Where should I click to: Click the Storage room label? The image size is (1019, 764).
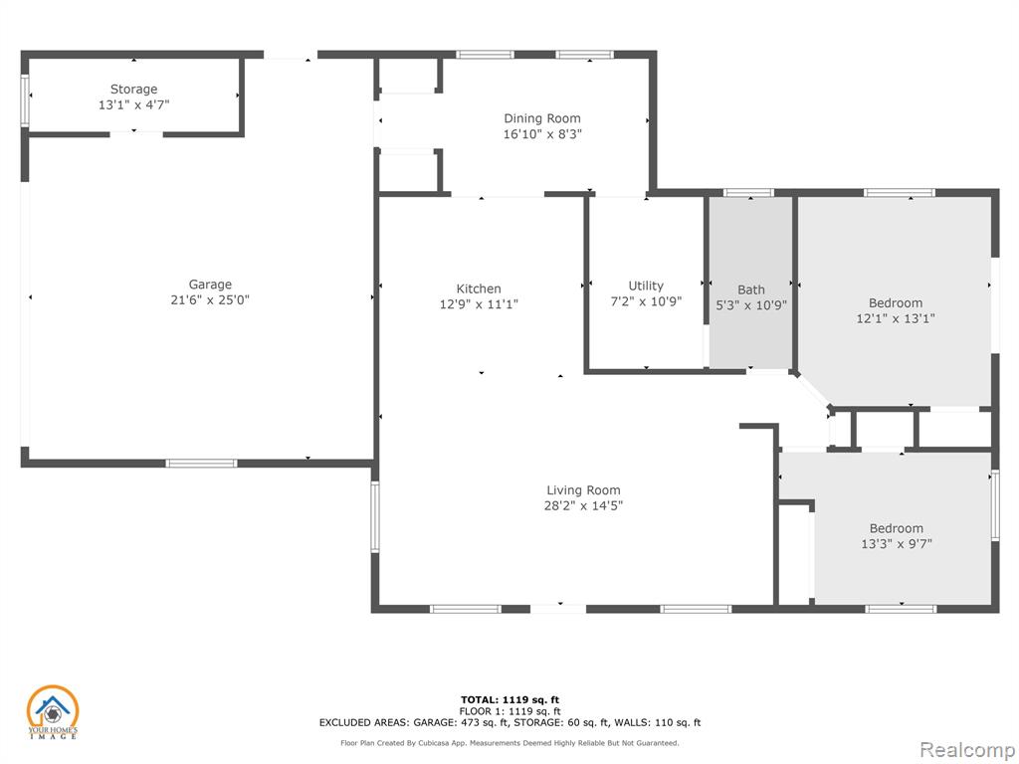(x=134, y=89)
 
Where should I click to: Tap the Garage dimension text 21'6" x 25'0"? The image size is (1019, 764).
(x=210, y=300)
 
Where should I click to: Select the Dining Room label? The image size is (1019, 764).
(x=542, y=118)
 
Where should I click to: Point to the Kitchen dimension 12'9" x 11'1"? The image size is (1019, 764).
(x=479, y=304)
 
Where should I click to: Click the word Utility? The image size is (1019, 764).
(x=646, y=286)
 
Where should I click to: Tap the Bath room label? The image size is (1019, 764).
(x=750, y=289)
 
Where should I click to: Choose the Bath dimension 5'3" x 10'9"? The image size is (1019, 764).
(x=750, y=305)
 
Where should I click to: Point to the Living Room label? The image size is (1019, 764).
(x=583, y=490)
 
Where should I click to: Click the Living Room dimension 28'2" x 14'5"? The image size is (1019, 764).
(x=583, y=506)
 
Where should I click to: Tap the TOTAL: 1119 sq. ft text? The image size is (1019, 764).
(x=509, y=699)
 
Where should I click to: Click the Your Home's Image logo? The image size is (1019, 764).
(x=52, y=712)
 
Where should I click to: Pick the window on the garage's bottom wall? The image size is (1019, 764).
(x=201, y=464)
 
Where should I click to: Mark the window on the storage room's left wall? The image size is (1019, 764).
(x=25, y=100)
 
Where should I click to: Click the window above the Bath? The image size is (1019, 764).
(x=748, y=193)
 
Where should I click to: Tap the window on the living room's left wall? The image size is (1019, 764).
(x=375, y=517)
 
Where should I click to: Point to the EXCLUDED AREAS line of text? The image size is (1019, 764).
(x=509, y=722)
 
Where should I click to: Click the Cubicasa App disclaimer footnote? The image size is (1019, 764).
(x=509, y=743)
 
